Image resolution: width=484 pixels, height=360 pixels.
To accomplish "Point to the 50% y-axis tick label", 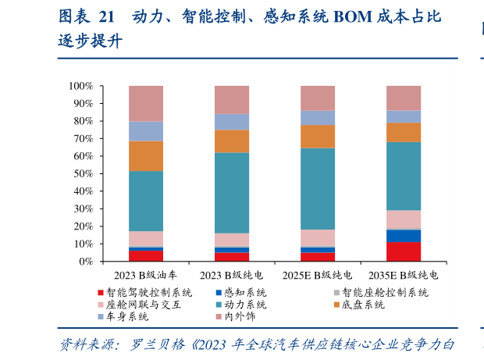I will click(x=82, y=173).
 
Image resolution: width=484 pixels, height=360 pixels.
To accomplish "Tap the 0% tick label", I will click(x=85, y=262).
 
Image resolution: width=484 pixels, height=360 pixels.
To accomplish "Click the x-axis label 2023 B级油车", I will click(x=145, y=276).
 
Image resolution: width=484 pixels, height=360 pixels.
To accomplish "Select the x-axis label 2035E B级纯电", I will click(x=404, y=276).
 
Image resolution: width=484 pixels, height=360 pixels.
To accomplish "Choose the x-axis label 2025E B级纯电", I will click(x=317, y=276).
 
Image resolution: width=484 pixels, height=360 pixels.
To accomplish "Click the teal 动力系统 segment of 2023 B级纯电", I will click(x=232, y=193).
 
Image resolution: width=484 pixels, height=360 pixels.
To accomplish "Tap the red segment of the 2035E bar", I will click(x=404, y=251).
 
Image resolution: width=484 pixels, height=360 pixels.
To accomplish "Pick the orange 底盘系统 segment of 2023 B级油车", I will click(x=145, y=156).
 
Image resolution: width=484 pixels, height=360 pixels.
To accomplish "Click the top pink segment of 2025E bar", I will click(x=318, y=98).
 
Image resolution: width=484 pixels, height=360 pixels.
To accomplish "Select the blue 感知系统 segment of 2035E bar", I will click(x=404, y=235).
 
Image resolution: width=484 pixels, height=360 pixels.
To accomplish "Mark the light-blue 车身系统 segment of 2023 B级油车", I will click(x=145, y=130).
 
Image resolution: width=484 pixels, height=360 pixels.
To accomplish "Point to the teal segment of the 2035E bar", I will click(x=404, y=176).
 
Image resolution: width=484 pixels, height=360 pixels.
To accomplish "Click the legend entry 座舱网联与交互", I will click(x=144, y=305).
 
